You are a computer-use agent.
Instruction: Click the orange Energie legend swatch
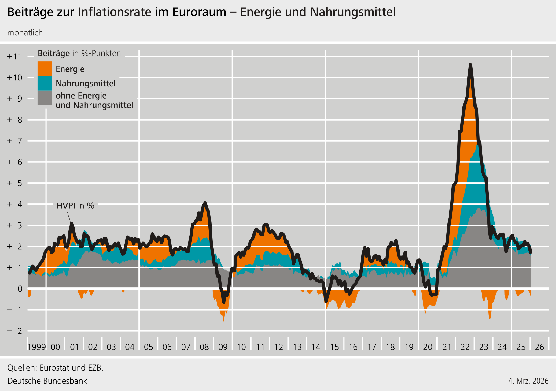coord(45,69)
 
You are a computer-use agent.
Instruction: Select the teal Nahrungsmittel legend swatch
coord(45,83)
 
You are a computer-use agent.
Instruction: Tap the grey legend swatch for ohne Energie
coord(45,98)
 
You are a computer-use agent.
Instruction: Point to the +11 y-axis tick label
coord(15,56)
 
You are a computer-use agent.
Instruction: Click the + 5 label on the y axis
coord(15,183)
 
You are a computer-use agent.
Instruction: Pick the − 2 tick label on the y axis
coord(15,331)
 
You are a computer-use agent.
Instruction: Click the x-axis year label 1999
coord(36,347)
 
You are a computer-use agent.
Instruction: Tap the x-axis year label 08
coord(204,347)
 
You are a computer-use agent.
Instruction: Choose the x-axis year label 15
coord(334,347)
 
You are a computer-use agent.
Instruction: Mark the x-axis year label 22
coord(465,347)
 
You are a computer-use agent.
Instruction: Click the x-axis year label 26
coord(539,347)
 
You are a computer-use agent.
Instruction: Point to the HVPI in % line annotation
coord(75,206)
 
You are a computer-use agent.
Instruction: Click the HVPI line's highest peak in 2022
coord(470,65)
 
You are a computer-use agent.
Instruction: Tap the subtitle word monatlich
coord(25,33)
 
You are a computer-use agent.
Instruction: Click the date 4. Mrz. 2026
coord(528,381)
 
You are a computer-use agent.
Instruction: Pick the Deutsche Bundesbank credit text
coord(47,381)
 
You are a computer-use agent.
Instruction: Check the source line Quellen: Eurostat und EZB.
coord(55,367)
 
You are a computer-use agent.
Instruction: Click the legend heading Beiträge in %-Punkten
coord(79,53)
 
